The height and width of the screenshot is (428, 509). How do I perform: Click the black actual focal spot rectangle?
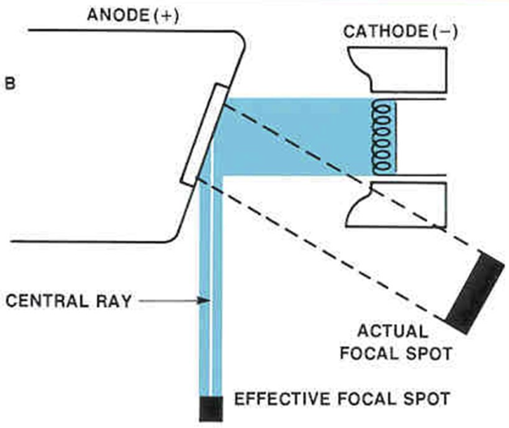(x=475, y=290)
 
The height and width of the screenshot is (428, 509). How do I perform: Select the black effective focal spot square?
(x=210, y=408)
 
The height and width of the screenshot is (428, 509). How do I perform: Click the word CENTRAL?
(x=48, y=302)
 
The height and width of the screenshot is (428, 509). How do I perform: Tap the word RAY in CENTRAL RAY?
(x=116, y=302)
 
